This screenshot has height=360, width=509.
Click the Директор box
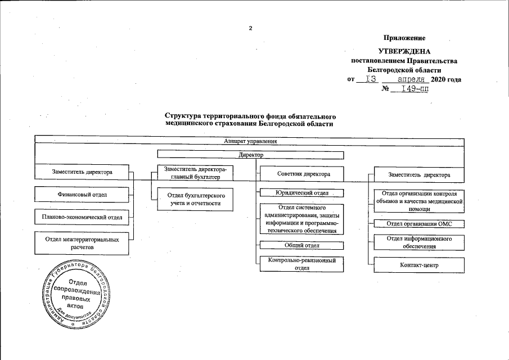[251, 154]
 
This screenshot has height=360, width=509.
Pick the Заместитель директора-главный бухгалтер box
[194, 173]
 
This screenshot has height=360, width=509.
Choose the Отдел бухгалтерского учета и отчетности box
[194, 199]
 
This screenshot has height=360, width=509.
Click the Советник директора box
[303, 174]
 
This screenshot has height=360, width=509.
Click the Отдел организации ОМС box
[420, 224]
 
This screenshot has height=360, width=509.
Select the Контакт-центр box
[420, 264]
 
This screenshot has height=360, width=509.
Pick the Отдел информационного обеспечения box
[420, 242]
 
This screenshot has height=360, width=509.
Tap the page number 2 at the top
[251, 28]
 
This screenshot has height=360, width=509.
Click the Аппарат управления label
[250, 141]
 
